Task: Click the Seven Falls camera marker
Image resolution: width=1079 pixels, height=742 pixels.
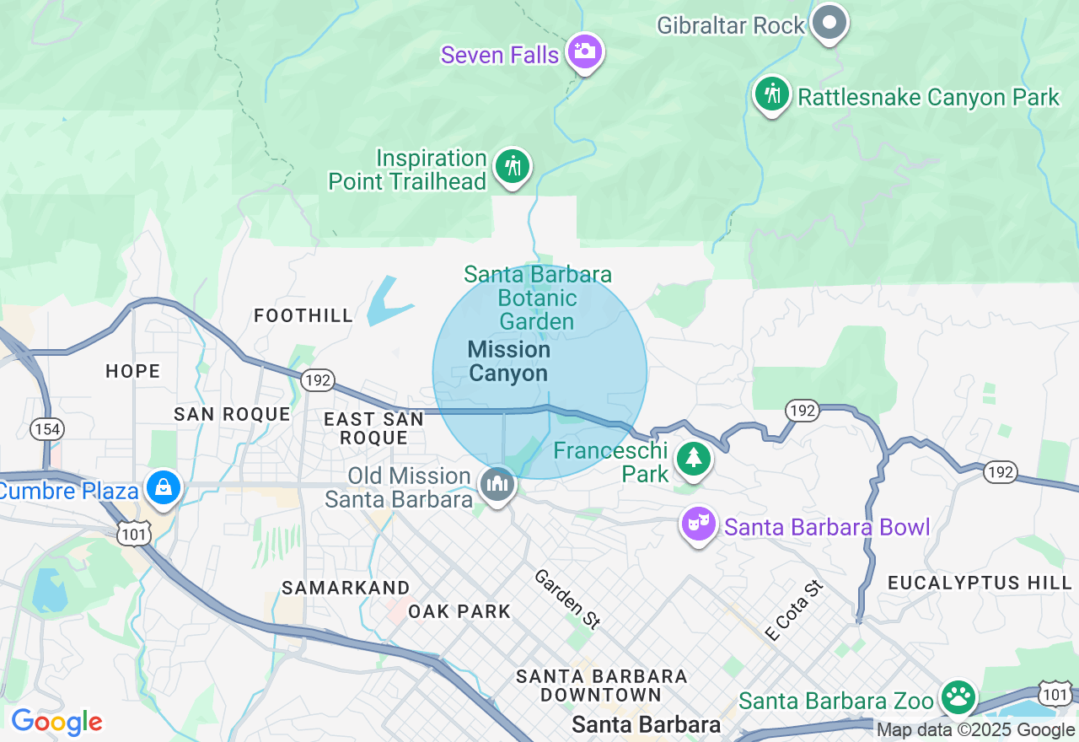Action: click(583, 51)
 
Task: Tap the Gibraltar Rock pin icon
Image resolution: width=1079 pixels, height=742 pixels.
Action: click(830, 23)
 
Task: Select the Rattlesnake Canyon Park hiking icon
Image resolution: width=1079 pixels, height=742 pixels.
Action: click(771, 94)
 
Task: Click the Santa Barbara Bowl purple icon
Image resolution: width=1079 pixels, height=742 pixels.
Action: click(699, 524)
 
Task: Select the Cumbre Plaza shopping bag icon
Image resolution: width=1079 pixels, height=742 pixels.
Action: click(163, 487)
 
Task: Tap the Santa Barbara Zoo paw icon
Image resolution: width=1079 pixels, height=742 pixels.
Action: click(958, 697)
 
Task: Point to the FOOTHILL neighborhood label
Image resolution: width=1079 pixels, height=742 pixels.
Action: click(303, 316)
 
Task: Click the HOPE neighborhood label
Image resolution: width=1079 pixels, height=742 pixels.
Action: click(133, 371)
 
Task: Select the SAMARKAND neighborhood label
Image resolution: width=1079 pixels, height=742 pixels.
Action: click(346, 588)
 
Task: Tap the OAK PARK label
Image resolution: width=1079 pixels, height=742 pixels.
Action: click(459, 611)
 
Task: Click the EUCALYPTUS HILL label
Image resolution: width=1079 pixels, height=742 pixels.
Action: click(980, 583)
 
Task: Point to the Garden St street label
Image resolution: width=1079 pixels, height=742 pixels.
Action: click(567, 600)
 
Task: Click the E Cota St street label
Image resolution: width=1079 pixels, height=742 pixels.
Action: click(792, 610)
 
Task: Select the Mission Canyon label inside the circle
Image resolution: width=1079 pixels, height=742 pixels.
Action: click(508, 361)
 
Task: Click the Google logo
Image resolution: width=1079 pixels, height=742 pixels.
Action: click(56, 722)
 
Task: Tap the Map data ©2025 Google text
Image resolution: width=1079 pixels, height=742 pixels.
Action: click(975, 730)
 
